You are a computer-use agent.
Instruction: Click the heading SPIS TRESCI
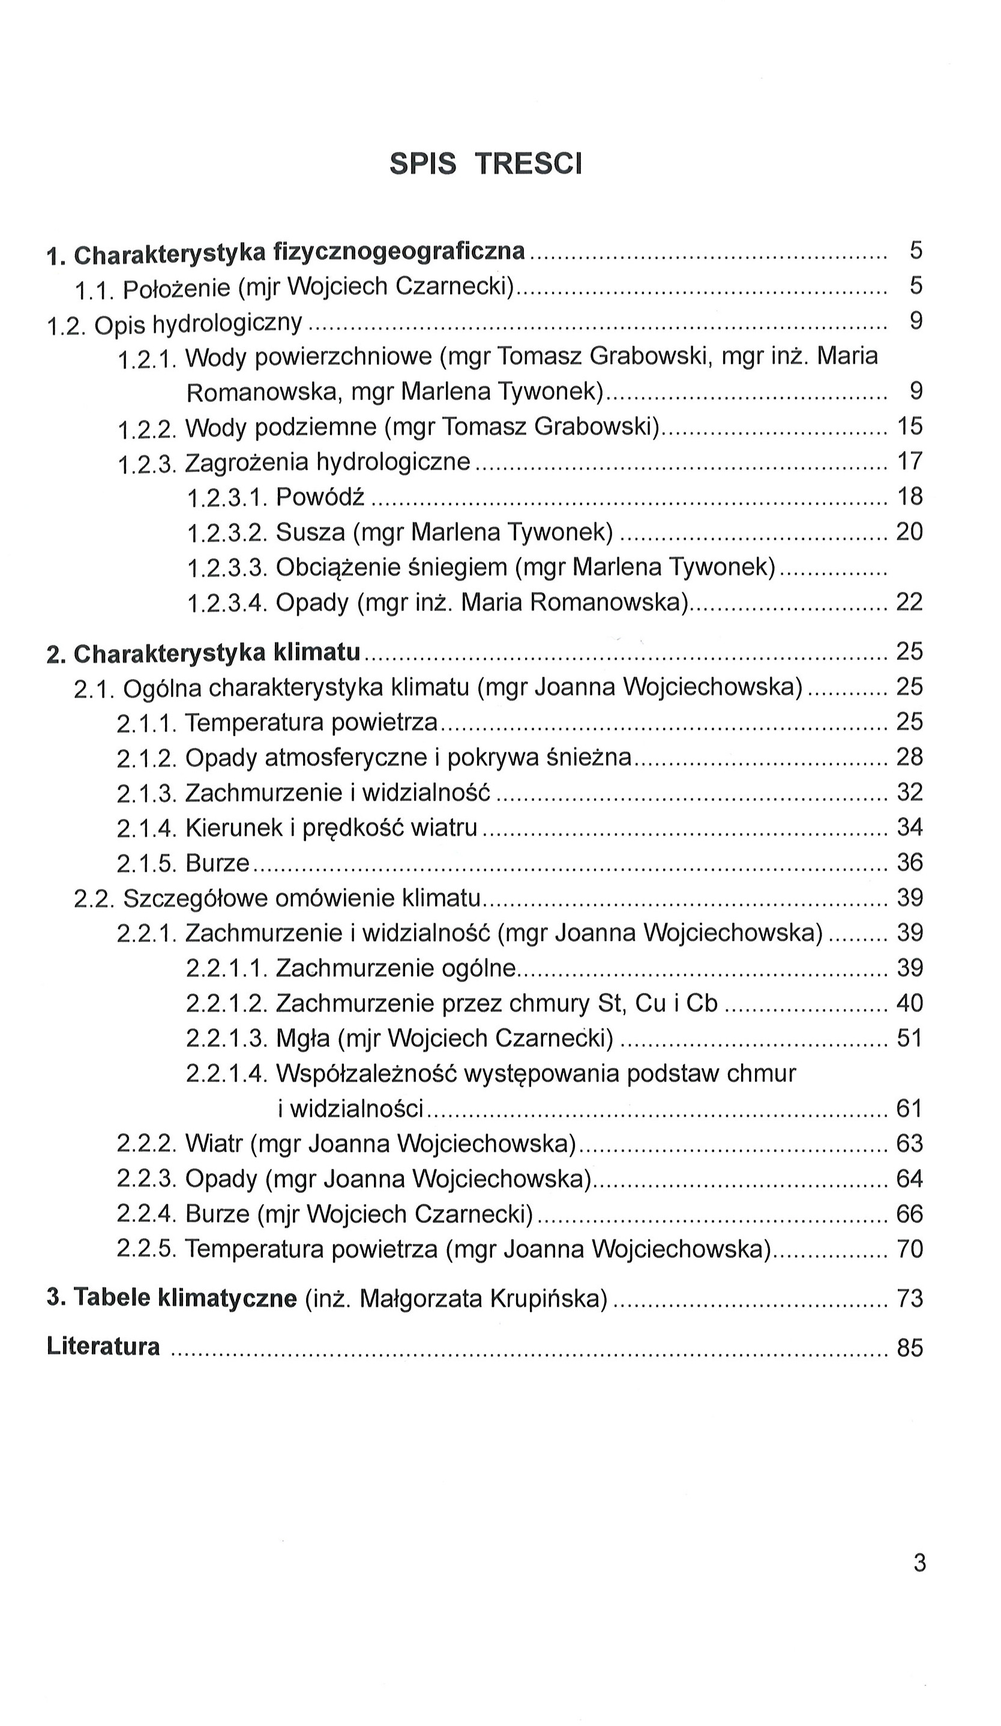click(x=485, y=164)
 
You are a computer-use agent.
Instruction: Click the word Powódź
click(x=320, y=496)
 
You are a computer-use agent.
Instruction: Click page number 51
click(x=910, y=1039)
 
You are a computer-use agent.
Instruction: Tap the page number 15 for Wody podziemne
click(x=910, y=427)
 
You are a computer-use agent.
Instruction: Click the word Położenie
click(x=176, y=288)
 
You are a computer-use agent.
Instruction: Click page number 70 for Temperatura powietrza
click(x=910, y=1249)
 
